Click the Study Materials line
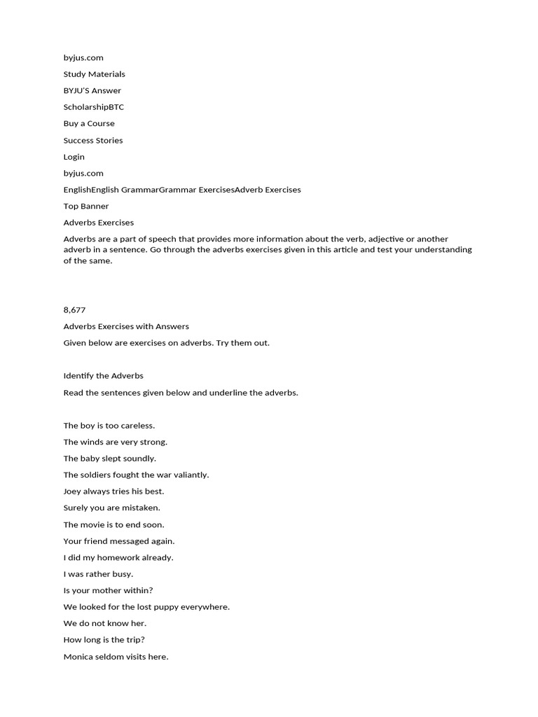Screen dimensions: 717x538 point(94,74)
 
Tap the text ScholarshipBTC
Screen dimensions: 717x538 point(93,107)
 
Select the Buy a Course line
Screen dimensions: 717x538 point(89,124)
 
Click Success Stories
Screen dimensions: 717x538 point(92,140)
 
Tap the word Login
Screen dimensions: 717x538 point(74,157)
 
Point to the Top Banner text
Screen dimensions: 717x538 point(86,207)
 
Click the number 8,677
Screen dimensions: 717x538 point(74,309)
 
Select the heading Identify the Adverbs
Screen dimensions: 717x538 point(103,376)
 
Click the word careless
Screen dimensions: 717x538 point(137,426)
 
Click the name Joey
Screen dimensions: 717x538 point(72,492)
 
